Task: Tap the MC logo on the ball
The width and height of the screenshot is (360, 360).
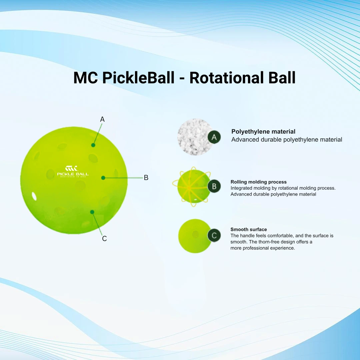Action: coord(72,168)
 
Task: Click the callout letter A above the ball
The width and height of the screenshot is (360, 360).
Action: coord(102,119)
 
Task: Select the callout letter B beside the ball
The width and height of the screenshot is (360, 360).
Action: coord(146,178)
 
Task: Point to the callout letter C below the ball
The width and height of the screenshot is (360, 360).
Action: coord(104,239)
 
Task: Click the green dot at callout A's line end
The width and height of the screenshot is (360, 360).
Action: coord(93,145)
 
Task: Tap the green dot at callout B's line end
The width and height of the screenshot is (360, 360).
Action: coord(103,178)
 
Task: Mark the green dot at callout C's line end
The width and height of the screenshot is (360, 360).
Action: coord(92,212)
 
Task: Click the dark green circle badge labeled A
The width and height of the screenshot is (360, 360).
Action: coord(214,137)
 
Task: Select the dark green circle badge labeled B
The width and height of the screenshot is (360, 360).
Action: coord(214,186)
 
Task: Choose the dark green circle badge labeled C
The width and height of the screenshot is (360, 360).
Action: coord(214,235)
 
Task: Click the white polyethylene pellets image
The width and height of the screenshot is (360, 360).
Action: coord(194,137)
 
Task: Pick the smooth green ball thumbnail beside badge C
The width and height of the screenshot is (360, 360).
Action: coord(194,236)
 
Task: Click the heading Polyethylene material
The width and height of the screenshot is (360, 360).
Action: coord(263,132)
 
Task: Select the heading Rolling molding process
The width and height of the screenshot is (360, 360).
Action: coord(259,182)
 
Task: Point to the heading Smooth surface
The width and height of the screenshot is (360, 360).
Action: coord(249,229)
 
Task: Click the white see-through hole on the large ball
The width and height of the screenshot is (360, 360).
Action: coord(34,196)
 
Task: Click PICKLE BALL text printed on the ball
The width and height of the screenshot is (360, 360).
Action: coord(73,174)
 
